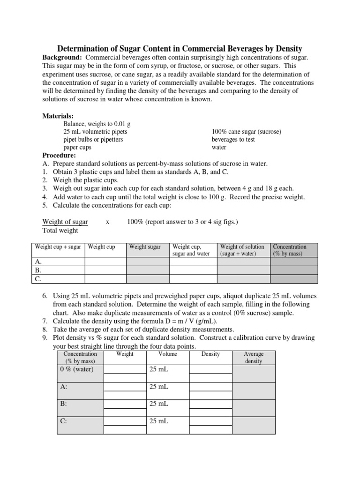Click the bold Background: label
63,57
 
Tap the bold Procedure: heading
59,155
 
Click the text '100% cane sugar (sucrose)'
246,132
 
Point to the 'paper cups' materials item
77,147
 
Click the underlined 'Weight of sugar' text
65,222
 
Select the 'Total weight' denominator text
60,230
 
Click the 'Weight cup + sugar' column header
57,247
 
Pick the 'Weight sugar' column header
145,247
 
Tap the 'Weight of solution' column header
242,247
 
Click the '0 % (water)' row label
77,369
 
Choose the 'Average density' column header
254,358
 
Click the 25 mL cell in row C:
159,421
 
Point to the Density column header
210,354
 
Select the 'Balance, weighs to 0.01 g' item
97,124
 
